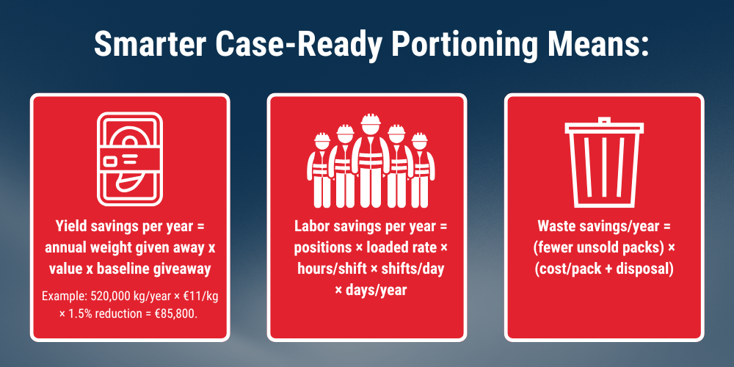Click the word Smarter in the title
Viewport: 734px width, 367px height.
tap(149, 45)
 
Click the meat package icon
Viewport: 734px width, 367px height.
tap(130, 159)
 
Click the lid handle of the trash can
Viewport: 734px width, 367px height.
tap(604, 121)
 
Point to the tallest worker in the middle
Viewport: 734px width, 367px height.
tap(370, 161)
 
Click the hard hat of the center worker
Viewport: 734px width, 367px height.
tap(370, 119)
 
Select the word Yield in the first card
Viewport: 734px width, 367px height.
tap(69, 227)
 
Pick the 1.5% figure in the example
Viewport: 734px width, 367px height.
tap(79, 313)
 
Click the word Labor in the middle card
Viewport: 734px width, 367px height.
tap(310, 227)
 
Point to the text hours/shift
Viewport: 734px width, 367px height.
tap(327, 269)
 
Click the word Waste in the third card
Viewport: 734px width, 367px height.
tap(554, 227)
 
